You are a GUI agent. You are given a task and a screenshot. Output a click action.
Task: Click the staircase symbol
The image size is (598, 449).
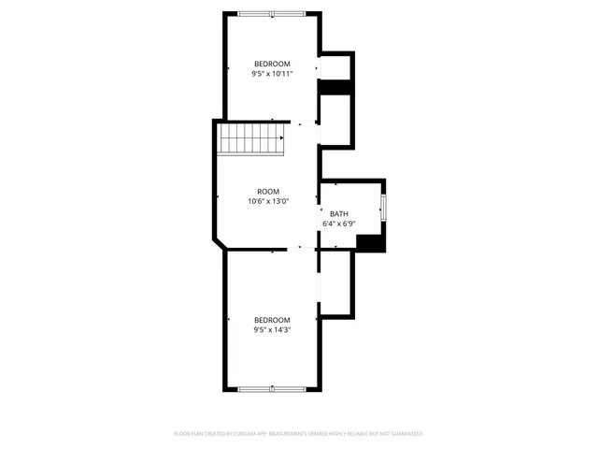250,141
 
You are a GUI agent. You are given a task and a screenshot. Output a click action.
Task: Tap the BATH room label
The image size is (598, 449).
338,214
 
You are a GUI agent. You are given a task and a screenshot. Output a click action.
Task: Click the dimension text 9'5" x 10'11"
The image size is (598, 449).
272,74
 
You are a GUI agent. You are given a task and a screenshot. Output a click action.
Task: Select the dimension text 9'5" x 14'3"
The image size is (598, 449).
272,329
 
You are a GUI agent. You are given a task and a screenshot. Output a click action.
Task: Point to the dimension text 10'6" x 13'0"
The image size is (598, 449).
268,201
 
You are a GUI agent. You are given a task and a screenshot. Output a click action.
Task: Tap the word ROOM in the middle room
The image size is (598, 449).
268,191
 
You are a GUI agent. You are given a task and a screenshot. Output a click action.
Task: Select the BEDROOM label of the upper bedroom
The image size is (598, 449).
272,64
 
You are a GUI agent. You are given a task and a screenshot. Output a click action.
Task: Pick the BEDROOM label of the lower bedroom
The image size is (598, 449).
272,319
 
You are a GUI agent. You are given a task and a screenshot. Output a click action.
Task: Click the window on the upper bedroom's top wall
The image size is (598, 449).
270,13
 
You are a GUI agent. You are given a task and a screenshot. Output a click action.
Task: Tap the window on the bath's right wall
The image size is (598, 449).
383,208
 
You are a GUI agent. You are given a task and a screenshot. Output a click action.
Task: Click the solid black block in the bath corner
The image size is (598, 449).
370,242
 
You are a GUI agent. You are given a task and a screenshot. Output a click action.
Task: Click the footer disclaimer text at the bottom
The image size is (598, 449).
299,434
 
